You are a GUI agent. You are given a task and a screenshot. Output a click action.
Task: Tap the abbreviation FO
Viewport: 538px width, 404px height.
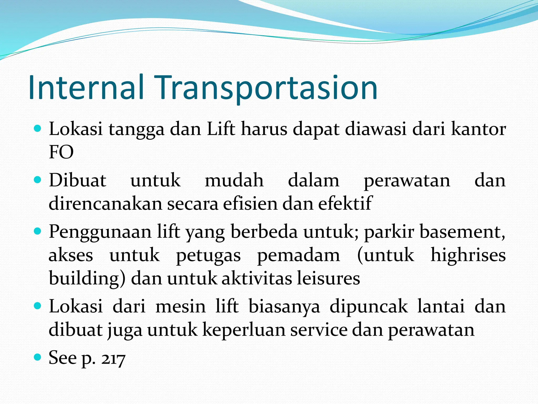(x=61, y=152)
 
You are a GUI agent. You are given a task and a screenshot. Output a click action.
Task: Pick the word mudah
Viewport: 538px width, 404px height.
(x=234, y=180)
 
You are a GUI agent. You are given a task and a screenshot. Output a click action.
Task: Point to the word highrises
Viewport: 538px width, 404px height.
(x=468, y=255)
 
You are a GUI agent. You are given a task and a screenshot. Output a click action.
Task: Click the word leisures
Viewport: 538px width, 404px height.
(x=328, y=278)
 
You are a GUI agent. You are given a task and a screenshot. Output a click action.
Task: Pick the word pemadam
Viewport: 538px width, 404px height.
(x=298, y=255)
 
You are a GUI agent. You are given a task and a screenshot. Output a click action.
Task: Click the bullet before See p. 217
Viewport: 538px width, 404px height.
(x=38, y=357)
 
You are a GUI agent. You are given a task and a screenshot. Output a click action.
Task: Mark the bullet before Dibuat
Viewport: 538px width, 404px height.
(x=38, y=180)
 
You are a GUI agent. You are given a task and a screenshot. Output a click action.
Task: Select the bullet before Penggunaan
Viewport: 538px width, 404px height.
(x=38, y=231)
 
